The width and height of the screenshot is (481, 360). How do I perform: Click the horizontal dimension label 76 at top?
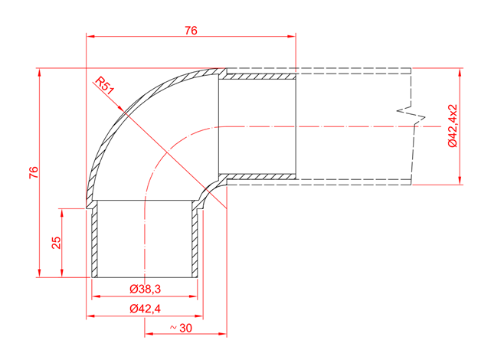click(x=191, y=31)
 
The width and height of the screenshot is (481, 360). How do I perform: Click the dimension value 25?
click(x=56, y=243)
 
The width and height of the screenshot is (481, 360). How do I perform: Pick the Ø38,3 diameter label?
click(x=146, y=289)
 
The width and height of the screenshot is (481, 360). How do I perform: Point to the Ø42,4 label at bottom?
click(x=146, y=308)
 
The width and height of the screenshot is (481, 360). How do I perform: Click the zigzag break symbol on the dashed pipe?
click(x=412, y=115)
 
